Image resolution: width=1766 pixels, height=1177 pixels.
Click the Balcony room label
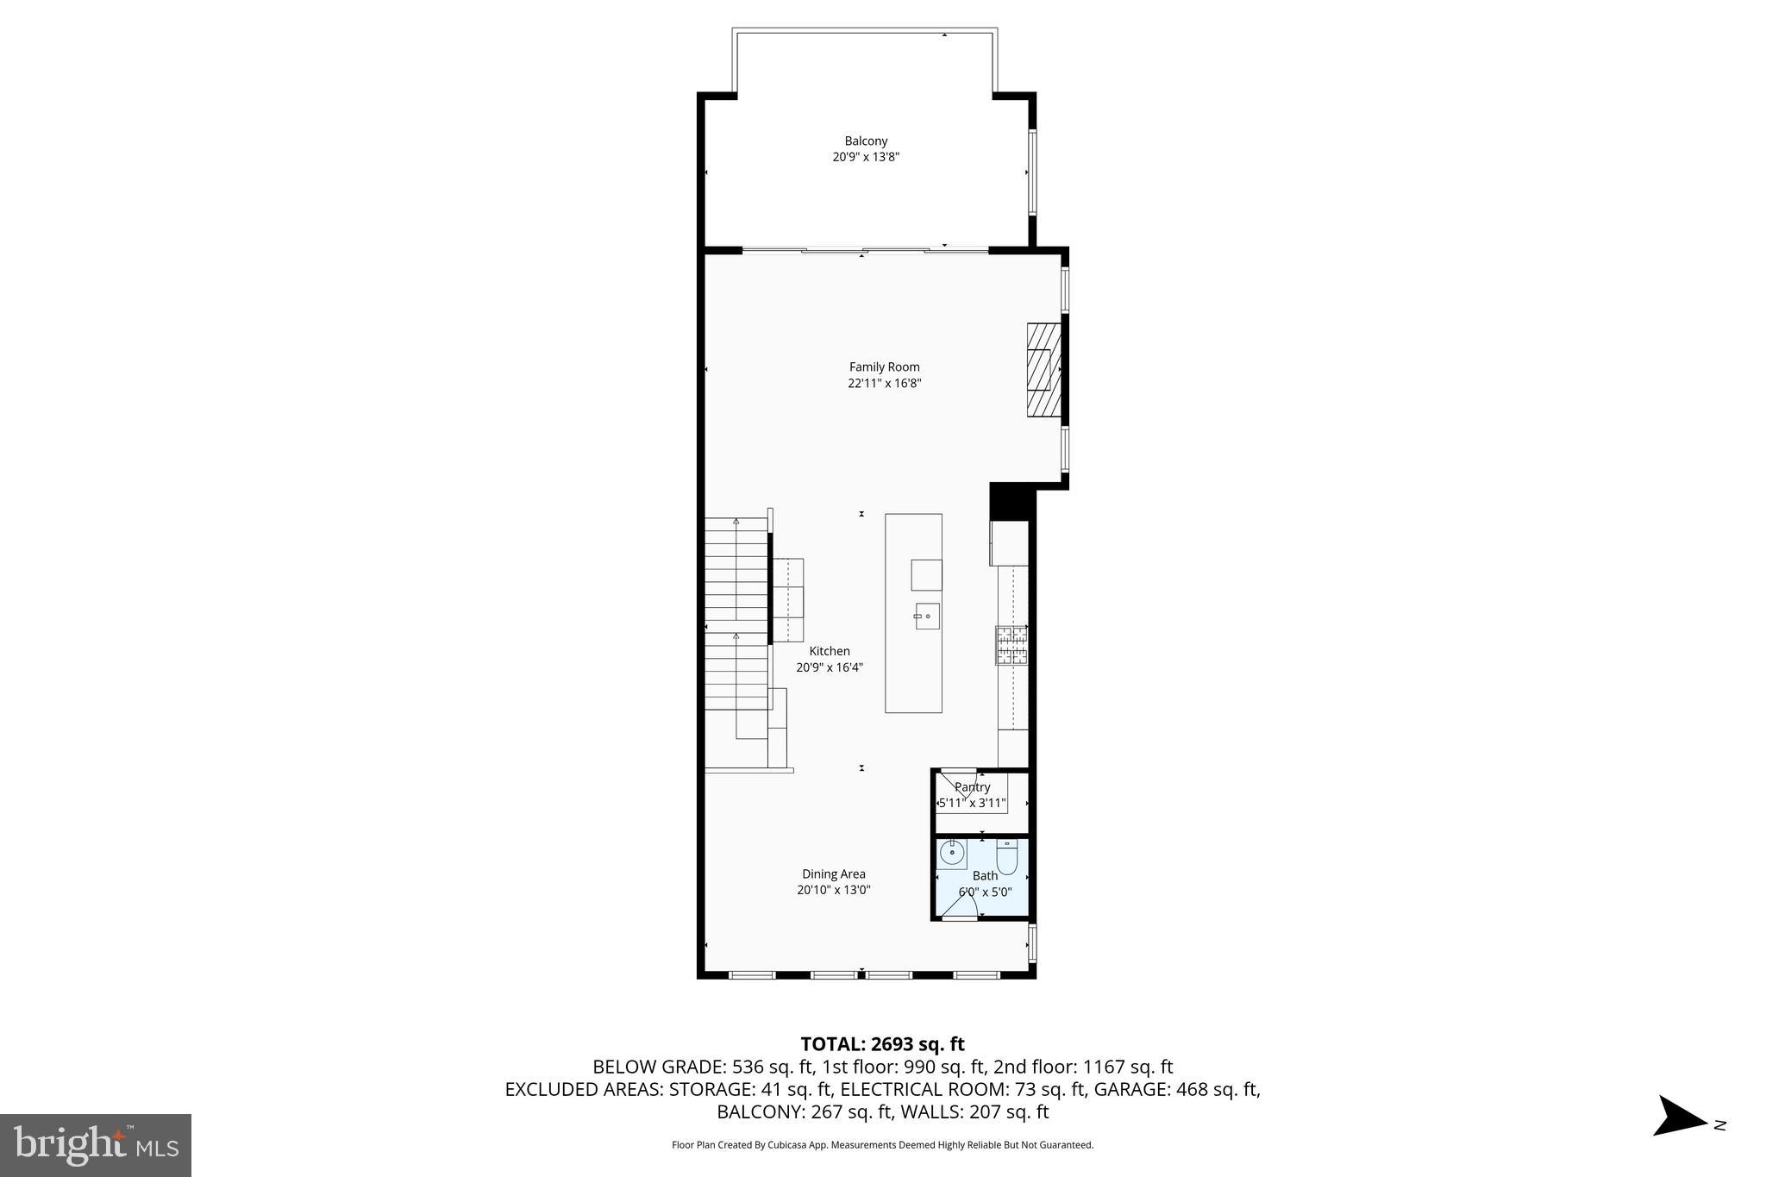866,141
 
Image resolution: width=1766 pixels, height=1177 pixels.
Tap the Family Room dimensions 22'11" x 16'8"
884,384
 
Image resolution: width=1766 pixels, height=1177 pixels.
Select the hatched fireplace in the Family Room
1043,370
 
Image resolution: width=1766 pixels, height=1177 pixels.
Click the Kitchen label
829,651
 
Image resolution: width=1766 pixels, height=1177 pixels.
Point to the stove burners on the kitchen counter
1011,645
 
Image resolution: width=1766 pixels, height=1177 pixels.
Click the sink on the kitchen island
927,617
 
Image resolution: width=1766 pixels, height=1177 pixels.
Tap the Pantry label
972,787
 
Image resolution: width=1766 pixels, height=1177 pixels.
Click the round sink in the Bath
951,853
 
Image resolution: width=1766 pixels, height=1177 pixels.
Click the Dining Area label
833,873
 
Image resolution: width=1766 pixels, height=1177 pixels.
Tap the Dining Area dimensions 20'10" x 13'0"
833,891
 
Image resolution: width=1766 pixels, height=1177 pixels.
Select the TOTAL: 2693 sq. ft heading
882,1044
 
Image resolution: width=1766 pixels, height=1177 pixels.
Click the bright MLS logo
95,1145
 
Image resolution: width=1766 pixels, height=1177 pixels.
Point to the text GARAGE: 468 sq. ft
1176,1089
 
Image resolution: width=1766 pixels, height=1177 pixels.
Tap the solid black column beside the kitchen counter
1011,501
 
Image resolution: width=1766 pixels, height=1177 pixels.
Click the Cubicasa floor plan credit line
882,1145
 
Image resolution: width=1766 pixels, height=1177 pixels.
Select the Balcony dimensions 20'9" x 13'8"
866,157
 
